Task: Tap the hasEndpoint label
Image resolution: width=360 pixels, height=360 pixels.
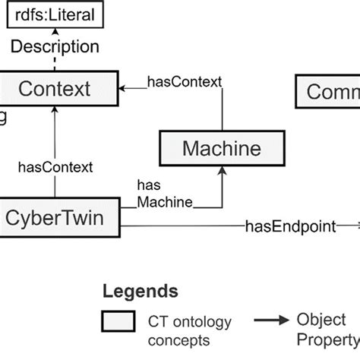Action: (x=291, y=226)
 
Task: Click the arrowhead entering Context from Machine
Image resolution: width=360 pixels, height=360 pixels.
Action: (x=123, y=89)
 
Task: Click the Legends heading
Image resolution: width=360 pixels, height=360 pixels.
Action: (x=141, y=291)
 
